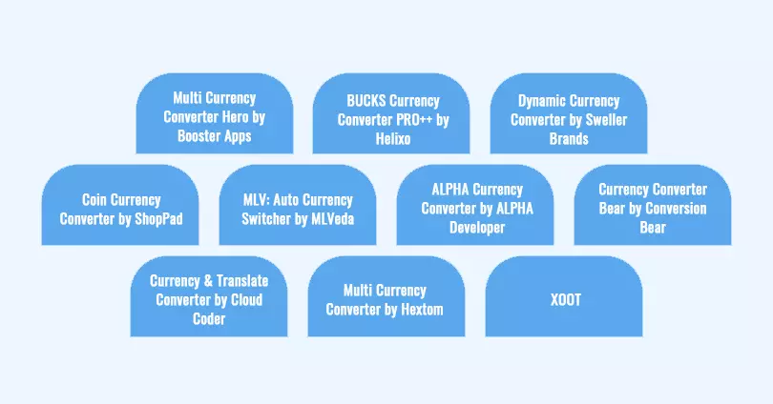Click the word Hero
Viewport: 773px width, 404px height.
[237, 117]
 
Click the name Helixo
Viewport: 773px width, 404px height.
[391, 139]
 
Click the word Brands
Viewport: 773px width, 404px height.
[568, 139]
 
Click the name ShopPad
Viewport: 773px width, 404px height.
[157, 219]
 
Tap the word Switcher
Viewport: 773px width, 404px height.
[270, 219]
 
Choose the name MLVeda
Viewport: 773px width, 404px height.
[329, 219]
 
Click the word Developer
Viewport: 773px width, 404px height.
[474, 228]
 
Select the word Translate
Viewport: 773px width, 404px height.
[239, 281]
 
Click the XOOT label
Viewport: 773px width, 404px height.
[565, 299]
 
